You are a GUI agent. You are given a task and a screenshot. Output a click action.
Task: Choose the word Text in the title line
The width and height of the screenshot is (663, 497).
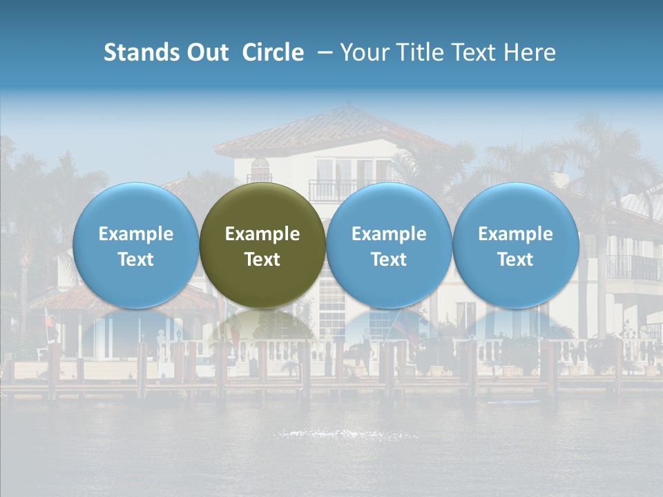[x=476, y=52]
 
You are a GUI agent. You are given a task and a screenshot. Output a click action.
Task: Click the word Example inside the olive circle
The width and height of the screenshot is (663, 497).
[x=262, y=234]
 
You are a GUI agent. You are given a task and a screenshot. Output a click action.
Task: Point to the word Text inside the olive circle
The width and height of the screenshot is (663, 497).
[x=262, y=260]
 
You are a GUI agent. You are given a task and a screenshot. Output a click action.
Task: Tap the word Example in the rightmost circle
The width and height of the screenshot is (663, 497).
[x=516, y=234]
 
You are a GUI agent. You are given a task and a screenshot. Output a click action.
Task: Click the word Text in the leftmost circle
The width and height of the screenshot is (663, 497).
[x=136, y=260]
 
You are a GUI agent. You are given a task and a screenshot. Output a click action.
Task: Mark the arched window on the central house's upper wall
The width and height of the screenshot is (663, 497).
[x=260, y=169]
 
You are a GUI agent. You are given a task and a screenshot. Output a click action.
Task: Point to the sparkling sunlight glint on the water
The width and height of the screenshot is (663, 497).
[x=345, y=434]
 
